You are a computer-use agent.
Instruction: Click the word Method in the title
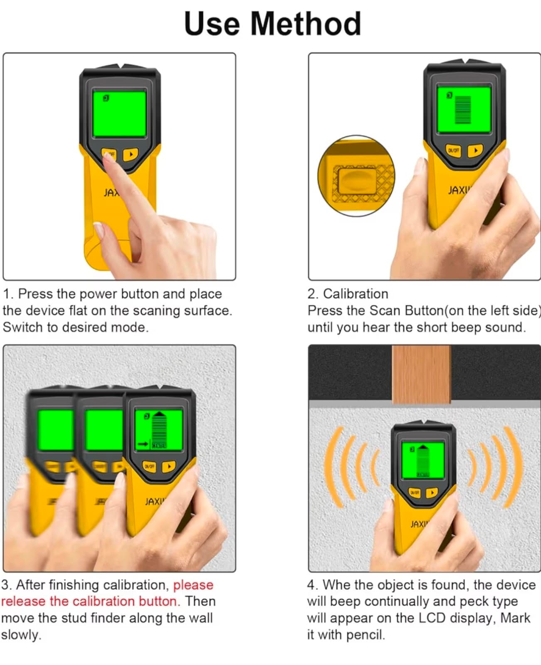[x=305, y=24]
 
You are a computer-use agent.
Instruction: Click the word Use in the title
[x=211, y=24]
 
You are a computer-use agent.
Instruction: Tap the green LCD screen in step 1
[x=119, y=113]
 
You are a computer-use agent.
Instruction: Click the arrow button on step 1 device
[x=131, y=155]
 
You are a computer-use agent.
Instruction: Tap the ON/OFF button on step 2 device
[x=453, y=150]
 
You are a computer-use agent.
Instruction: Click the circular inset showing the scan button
[x=356, y=176]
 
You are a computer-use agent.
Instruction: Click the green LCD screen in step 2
[x=463, y=109]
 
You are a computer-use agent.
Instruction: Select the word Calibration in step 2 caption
[x=355, y=294]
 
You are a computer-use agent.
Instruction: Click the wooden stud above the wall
[x=421, y=374]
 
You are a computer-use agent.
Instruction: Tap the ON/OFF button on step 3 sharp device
[x=149, y=466]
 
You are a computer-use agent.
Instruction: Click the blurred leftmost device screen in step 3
[x=55, y=430]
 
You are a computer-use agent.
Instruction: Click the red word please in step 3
[x=193, y=585]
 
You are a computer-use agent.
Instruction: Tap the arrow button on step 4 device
[x=432, y=493]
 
